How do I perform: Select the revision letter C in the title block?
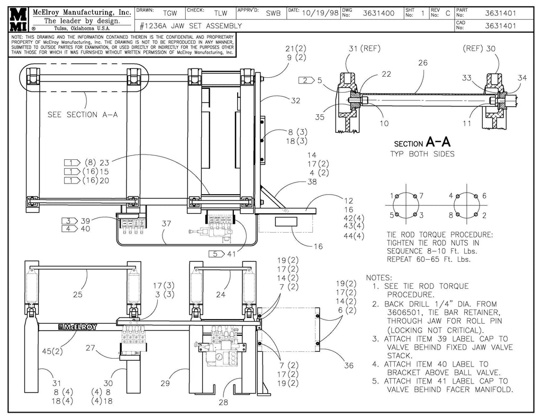(447, 14)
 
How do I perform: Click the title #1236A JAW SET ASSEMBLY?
(191, 25)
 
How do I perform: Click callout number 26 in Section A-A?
(422, 63)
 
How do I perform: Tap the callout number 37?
(167, 224)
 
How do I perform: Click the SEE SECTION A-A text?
(83, 114)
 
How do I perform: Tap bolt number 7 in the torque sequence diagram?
(422, 196)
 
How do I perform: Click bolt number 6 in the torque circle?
(484, 196)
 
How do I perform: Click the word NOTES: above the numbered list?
(379, 277)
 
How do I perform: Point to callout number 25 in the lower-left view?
(78, 294)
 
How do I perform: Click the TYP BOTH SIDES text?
(423, 153)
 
